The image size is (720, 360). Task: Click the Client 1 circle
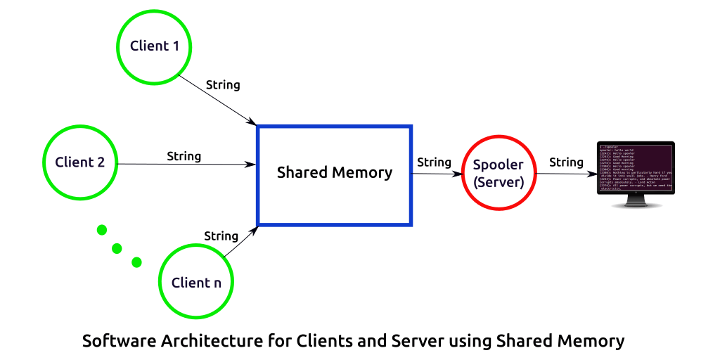point(154,46)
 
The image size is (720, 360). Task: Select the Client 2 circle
point(80,162)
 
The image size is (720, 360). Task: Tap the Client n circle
point(196,283)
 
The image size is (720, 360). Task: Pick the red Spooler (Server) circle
point(498,173)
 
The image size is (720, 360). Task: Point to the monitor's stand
point(636,202)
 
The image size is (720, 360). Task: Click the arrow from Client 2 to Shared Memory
point(186,165)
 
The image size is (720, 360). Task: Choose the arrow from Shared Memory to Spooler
point(436,174)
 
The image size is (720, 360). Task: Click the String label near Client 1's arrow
point(223,85)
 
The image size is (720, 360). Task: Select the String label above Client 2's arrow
point(184,156)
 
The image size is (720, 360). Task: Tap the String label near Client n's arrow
point(221,236)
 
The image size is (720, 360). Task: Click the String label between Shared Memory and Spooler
point(434,162)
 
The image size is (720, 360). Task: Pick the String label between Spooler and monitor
point(566,162)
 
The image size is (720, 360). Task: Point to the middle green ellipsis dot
point(117,248)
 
